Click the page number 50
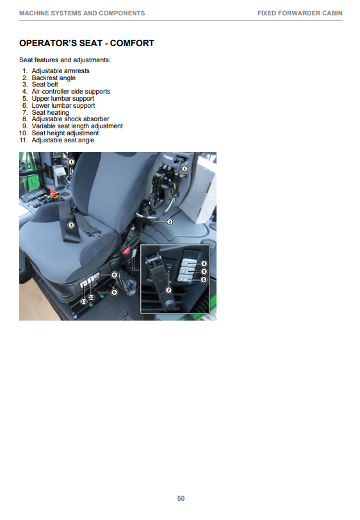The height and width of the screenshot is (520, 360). click(x=181, y=498)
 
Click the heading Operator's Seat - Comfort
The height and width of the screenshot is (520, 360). click(x=86, y=43)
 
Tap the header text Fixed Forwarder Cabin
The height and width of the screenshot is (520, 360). click(x=300, y=13)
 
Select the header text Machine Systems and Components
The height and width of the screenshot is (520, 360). click(x=82, y=13)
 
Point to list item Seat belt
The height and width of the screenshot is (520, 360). click(x=45, y=85)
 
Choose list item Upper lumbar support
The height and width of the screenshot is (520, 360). click(x=63, y=99)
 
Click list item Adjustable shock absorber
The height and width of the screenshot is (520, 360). click(x=70, y=119)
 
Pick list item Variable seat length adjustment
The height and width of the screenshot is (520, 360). click(x=77, y=126)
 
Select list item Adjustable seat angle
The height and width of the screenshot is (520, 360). click(x=63, y=140)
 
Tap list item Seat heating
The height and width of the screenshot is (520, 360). click(x=51, y=112)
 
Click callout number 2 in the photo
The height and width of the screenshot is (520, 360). click(x=170, y=222)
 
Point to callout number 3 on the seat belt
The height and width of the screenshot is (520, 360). click(x=71, y=225)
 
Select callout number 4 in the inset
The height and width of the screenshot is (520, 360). click(x=204, y=264)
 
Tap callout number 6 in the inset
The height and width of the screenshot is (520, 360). click(x=204, y=280)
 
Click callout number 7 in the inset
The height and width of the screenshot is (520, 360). click(x=168, y=290)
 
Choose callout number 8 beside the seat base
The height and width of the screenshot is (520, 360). click(x=114, y=275)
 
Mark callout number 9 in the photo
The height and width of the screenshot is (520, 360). click(x=114, y=292)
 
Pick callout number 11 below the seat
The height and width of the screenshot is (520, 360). click(x=84, y=301)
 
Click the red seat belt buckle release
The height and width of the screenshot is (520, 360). click(x=126, y=251)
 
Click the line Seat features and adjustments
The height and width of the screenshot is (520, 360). click(x=65, y=60)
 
